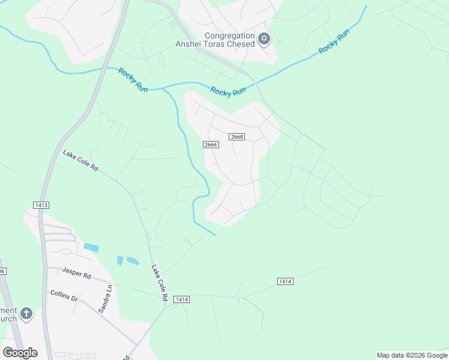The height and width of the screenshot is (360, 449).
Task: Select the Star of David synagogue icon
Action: pos(264,39)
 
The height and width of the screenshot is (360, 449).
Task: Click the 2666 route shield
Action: pos(210,145)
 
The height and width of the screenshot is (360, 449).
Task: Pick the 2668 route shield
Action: pos(237,137)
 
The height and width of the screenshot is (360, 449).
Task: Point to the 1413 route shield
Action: pos(41,205)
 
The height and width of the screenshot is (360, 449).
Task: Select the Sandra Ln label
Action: pos(105,298)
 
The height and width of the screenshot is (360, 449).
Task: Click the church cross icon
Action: pos(26,314)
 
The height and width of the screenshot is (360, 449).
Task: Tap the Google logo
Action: pos(20,353)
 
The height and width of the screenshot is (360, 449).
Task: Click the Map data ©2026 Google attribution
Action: pos(412,355)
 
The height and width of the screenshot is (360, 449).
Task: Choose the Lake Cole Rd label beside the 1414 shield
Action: pos(159,283)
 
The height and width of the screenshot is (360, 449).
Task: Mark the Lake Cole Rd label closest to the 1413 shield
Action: pos(80,161)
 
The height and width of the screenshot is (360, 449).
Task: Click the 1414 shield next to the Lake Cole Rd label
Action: pos(182,299)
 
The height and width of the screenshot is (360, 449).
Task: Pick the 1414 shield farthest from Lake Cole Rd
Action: pos(285,281)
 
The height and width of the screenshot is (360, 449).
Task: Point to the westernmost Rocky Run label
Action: pos(133,80)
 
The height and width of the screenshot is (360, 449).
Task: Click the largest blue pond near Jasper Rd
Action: pos(91,247)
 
